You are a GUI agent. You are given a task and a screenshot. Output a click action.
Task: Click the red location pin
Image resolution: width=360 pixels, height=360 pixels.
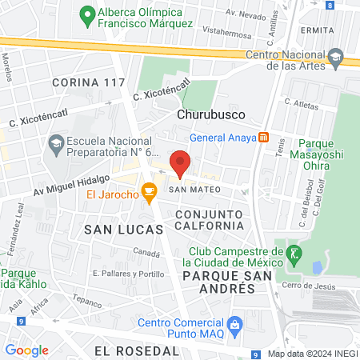[x=181, y=162]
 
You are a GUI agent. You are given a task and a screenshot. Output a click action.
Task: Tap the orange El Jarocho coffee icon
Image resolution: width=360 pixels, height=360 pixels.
[x=148, y=191]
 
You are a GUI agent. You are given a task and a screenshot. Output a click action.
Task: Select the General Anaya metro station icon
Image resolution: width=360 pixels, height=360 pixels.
[x=262, y=137]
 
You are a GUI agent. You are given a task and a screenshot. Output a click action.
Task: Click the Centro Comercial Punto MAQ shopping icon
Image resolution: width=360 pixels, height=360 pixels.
[x=234, y=324]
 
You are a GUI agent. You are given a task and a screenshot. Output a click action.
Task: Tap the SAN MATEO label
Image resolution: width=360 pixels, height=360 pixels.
[x=190, y=190]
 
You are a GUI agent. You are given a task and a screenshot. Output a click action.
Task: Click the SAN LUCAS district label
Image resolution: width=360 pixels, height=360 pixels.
[x=114, y=228]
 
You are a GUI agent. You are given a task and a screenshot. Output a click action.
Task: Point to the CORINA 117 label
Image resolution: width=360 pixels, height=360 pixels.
[x=88, y=82]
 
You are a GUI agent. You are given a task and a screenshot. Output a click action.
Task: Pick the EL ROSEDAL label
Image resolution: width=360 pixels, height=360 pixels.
[x=136, y=350]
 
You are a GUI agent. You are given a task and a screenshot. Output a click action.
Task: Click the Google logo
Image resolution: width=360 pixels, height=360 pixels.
[x=26, y=350]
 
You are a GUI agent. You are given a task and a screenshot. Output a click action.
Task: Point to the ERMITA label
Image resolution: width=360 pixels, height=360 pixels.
[x=318, y=30]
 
